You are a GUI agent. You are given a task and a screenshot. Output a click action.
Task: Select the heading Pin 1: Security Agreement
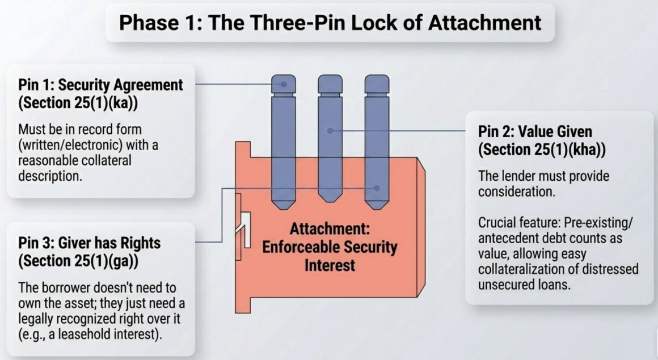tap(101, 84)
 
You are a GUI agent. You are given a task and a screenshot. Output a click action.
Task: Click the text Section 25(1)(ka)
tap(78, 103)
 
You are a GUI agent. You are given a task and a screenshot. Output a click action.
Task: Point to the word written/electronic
tap(70, 145)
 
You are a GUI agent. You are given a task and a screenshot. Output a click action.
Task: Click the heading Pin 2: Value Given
tap(535, 132)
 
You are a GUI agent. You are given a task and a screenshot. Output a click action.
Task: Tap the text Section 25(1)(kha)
tap(542, 150)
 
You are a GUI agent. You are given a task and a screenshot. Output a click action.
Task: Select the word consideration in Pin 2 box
tap(517, 192)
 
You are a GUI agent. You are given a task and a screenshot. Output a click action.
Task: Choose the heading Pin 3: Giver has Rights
tap(90, 243)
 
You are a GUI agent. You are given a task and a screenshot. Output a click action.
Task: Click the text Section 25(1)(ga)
tap(78, 261)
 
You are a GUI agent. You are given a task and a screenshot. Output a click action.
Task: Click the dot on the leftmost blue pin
tap(284, 84)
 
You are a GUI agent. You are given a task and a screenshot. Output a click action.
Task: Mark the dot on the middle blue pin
tap(330, 131)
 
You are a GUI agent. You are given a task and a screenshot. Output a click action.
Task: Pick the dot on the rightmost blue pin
tap(377, 188)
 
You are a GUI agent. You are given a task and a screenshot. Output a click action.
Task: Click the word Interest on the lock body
tap(330, 265)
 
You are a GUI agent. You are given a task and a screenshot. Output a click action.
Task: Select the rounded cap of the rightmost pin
tap(377, 84)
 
